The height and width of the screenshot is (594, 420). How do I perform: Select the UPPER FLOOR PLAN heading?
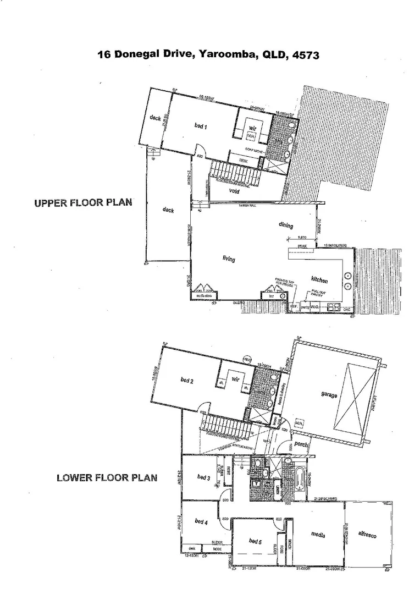pos(83,202)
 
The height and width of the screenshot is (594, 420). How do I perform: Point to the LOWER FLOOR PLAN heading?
pos(107,477)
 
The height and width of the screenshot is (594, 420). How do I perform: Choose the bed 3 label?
pos(203,477)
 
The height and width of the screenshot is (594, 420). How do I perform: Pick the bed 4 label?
pos(201,521)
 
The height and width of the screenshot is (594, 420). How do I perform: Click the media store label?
pos(205,296)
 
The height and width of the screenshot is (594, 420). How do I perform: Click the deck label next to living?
pos(169,210)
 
